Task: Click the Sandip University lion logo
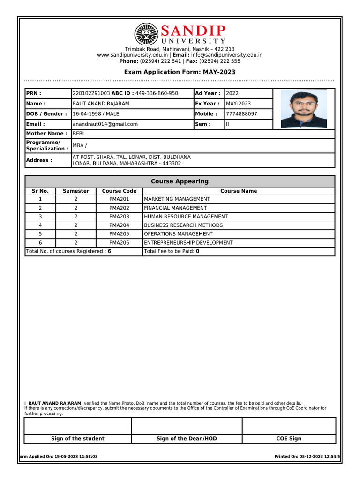coord(146,35)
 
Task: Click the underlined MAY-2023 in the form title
coord(219,72)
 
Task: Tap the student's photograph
coord(304,109)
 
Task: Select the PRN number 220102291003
coord(91,93)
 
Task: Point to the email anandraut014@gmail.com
coord(105,124)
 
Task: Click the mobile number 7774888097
coord(241,114)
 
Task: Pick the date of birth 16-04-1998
coord(87,114)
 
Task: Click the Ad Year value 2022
coord(232,93)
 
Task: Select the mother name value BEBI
coord(78,134)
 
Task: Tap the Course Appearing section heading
coord(180,181)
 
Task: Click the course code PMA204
coord(119,225)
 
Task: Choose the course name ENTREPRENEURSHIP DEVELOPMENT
coord(188,243)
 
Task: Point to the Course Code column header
coord(119,191)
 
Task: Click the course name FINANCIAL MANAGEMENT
coord(175,208)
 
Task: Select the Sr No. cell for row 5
coord(40,234)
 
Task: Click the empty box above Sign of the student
coord(77,426)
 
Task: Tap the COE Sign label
coord(289,439)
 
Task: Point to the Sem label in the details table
coord(202,124)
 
